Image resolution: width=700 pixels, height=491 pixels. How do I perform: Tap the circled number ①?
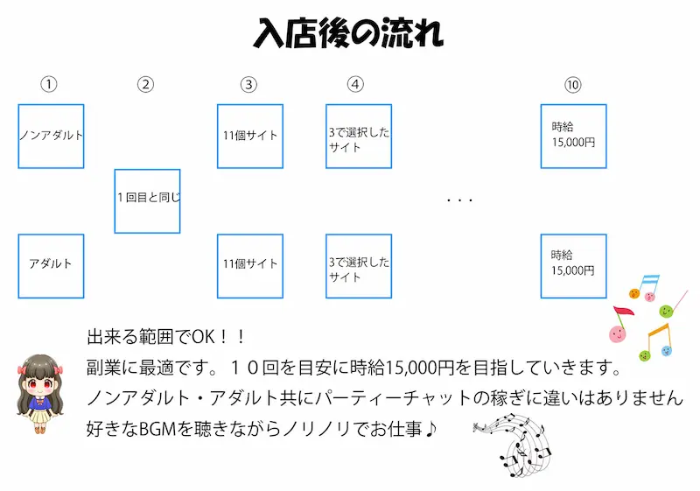click(50, 85)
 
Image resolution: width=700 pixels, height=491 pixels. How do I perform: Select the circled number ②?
click(146, 85)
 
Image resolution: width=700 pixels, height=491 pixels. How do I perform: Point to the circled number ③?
click(249, 85)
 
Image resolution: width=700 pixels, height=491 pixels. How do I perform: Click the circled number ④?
click(355, 85)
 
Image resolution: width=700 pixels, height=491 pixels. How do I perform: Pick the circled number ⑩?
click(573, 85)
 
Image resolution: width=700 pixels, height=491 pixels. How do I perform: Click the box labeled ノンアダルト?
click(51, 136)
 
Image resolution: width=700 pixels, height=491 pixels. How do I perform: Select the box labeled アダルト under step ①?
click(51, 265)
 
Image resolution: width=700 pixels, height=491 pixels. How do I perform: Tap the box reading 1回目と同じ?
click(147, 200)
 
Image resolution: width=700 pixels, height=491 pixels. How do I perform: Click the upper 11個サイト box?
click(249, 136)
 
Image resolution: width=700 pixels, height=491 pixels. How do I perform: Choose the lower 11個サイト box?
click(249, 265)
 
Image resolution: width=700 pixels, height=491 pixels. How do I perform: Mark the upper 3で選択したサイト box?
click(359, 136)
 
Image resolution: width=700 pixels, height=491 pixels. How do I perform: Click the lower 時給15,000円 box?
click(573, 265)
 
